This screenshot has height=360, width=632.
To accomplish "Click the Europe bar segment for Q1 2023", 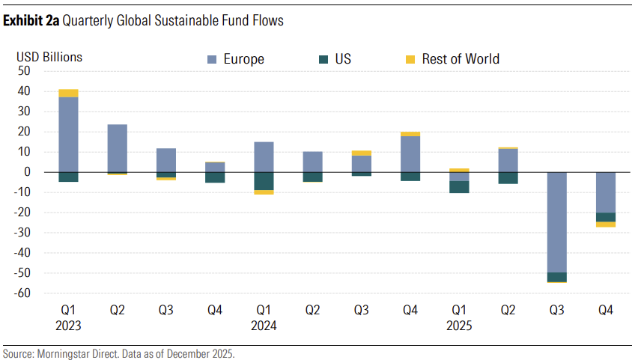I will click(x=68, y=135).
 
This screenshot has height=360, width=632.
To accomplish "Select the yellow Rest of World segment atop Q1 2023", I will click(x=68, y=94).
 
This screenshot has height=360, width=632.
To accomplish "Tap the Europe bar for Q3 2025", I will click(x=556, y=222).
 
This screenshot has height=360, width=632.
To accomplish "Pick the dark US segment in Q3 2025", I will click(x=556, y=277).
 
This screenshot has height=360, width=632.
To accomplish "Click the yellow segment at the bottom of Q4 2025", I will click(x=606, y=225).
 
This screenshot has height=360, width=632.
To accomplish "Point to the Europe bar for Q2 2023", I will click(x=118, y=148).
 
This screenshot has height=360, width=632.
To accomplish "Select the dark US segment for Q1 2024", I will click(x=264, y=181).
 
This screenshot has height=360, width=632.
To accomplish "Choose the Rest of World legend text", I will click(x=460, y=59).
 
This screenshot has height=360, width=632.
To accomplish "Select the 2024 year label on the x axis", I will click(x=264, y=326).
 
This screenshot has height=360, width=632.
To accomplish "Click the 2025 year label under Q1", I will click(x=459, y=326).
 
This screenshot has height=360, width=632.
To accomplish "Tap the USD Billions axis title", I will click(x=50, y=56).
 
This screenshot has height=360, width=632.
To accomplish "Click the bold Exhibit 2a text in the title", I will click(x=31, y=21).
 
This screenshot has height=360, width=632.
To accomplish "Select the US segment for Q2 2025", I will click(x=508, y=178).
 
